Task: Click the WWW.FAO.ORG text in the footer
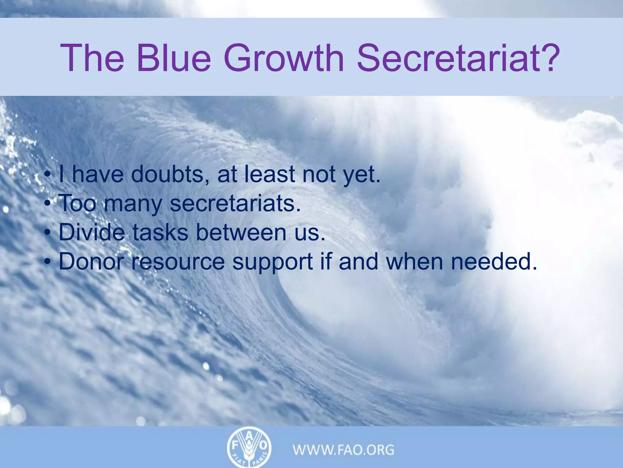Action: (x=343, y=450)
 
